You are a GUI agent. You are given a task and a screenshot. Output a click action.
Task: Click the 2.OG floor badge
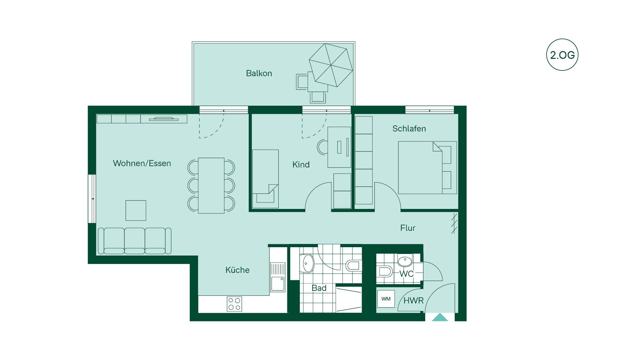pos(562,55)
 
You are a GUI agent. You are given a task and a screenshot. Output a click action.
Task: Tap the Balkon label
pos(259,73)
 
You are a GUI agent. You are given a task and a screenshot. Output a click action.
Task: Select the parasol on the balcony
pos(331,65)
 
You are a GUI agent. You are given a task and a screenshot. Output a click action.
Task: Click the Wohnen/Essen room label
pos(142,163)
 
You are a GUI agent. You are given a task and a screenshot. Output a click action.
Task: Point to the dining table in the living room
pos(211,185)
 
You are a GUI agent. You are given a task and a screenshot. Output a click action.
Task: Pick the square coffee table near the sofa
pos(136,211)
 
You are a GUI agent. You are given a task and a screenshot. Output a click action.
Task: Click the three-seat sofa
pos(134,241)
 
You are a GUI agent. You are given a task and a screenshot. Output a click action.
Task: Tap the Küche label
pos(237,270)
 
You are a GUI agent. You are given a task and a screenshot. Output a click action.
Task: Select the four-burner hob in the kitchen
pos(234,304)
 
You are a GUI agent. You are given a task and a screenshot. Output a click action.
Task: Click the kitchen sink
pos(278,277)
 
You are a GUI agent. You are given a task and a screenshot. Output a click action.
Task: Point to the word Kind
pos(301,165)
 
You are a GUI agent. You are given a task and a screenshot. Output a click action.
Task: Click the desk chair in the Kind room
pos(322,147)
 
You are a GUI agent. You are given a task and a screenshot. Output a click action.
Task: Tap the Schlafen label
pos(409,129)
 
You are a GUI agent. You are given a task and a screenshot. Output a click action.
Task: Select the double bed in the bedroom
pos(427,167)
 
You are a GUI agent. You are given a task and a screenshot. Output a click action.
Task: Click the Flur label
pos(408,228)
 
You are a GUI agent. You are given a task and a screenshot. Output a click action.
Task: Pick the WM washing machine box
pos(386,299)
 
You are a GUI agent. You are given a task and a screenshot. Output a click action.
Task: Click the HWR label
pos(414,301)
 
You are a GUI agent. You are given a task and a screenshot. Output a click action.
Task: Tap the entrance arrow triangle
pos(440,318)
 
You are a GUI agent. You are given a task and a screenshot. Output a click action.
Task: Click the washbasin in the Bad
pos(307,264)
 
